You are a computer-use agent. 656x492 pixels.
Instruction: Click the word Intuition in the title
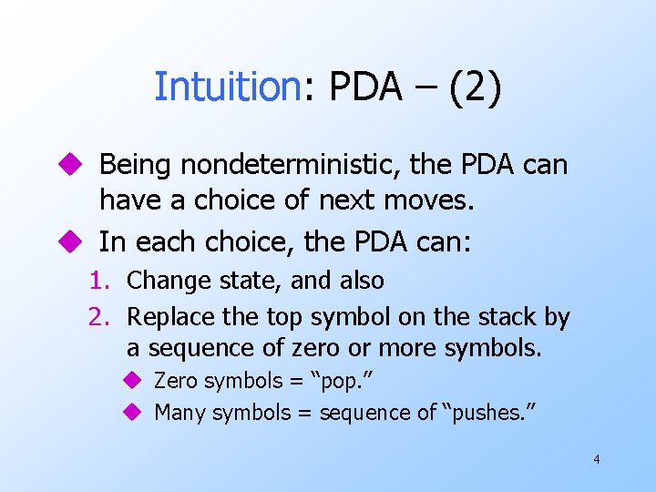coord(227,87)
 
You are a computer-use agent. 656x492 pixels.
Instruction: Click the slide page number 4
coord(596,459)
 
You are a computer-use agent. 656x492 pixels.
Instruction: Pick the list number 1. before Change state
coord(100,281)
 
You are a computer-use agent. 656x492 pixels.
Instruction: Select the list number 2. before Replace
coord(100,317)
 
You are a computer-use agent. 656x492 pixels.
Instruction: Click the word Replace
coord(168,317)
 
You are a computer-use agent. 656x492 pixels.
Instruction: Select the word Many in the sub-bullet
coord(179,413)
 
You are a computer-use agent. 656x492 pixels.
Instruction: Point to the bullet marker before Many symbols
coord(132,413)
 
